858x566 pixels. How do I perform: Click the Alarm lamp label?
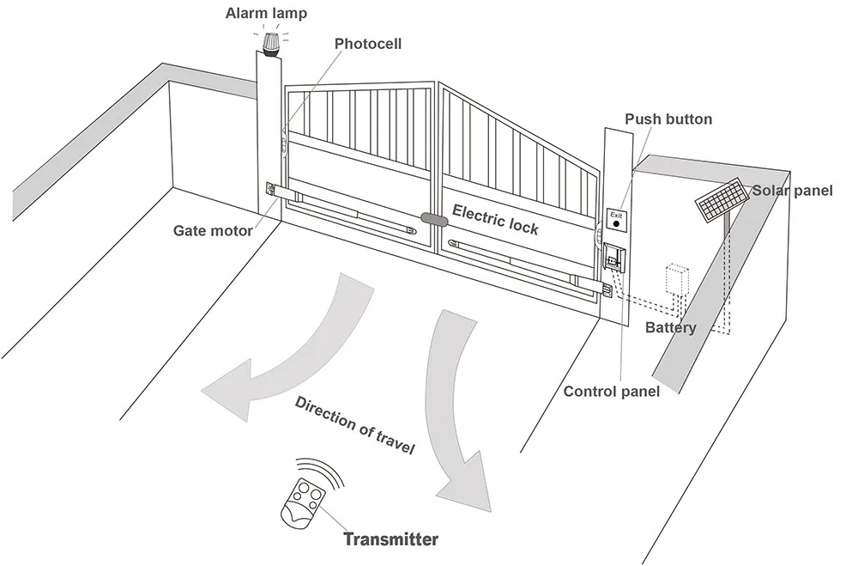(265, 13)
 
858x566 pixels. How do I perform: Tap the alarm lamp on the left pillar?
(273, 42)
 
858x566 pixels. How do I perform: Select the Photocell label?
(367, 44)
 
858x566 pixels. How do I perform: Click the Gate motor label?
(213, 230)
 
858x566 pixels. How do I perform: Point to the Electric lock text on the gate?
(495, 219)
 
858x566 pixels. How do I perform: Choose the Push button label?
(668, 119)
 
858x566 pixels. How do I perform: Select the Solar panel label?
(792, 191)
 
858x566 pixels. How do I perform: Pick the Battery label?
(670, 328)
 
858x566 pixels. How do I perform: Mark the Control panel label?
(611, 392)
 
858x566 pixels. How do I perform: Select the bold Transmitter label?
(390, 539)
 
